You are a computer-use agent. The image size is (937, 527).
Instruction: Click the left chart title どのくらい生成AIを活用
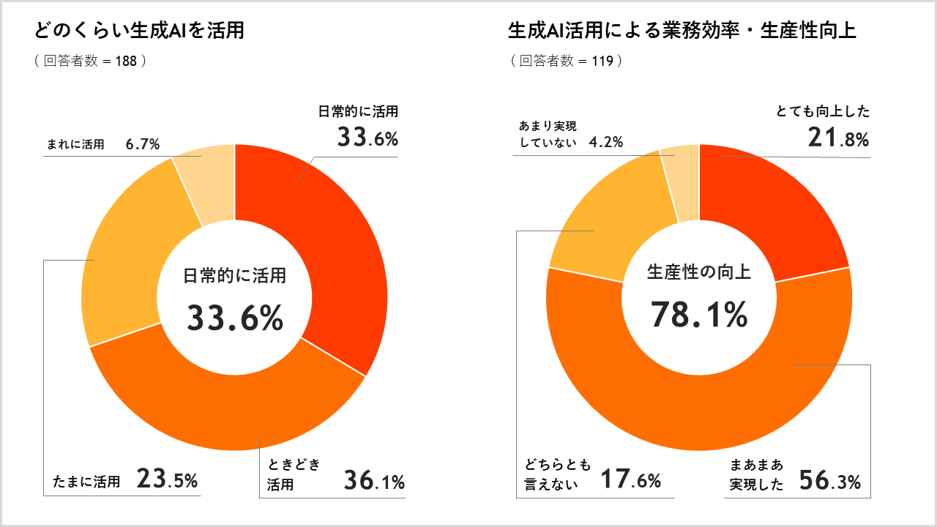click(139, 31)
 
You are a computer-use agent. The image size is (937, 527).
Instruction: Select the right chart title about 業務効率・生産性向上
click(682, 31)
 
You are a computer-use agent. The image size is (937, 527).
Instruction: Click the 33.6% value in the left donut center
click(235, 318)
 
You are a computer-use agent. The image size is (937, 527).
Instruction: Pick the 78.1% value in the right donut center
click(699, 315)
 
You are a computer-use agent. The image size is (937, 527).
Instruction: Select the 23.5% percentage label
click(168, 480)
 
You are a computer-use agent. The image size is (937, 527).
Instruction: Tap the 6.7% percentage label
click(143, 144)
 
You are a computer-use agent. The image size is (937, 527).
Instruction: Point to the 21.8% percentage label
click(838, 138)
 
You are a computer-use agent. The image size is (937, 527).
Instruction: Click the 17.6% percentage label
click(630, 480)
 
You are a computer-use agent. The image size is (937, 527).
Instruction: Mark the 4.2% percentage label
click(606, 142)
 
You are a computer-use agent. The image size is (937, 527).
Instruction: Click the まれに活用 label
click(75, 145)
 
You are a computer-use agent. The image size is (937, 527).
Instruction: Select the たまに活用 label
click(86, 482)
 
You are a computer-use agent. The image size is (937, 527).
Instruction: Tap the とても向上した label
click(823, 112)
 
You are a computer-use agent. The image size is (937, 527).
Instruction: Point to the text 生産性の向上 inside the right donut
click(699, 273)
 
